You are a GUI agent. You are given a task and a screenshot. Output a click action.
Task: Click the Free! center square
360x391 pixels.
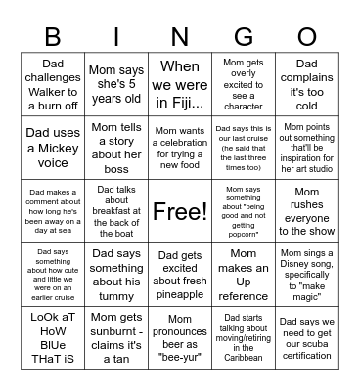[180, 211]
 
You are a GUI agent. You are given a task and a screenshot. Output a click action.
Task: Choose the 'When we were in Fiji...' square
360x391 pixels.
[180, 84]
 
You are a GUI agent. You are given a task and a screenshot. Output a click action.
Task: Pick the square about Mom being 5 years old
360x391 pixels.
[116, 84]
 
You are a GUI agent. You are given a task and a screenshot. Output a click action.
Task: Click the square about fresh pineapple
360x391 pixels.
[180, 275]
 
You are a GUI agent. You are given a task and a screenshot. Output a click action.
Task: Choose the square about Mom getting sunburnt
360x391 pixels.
[116, 338]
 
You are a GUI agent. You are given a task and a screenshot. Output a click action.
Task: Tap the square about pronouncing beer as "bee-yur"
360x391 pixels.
[180, 338]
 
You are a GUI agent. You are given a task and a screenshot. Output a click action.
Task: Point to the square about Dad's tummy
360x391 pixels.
[116, 275]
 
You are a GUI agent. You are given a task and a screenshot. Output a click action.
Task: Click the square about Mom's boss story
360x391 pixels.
[116, 147]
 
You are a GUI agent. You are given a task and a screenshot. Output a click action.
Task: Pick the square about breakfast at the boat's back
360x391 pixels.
[116, 211]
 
